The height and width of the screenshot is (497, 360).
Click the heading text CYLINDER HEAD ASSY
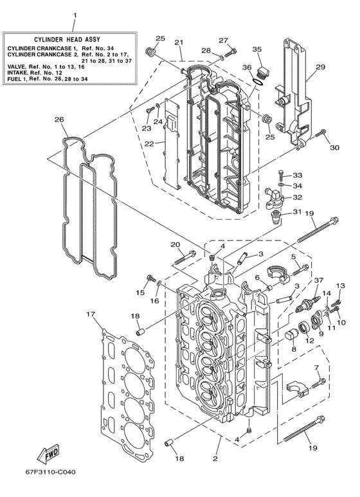click(x=71, y=40)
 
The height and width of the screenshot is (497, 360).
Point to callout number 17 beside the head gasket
click(x=89, y=314)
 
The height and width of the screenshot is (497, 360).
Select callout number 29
click(x=320, y=67)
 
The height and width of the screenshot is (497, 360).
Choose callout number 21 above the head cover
click(x=178, y=42)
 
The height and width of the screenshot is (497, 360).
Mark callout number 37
click(x=318, y=280)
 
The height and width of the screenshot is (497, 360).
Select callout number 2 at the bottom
click(x=215, y=459)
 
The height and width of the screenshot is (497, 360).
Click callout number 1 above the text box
click(x=73, y=14)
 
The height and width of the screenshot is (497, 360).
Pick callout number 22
click(x=148, y=144)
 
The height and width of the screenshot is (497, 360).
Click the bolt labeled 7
click(x=318, y=384)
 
